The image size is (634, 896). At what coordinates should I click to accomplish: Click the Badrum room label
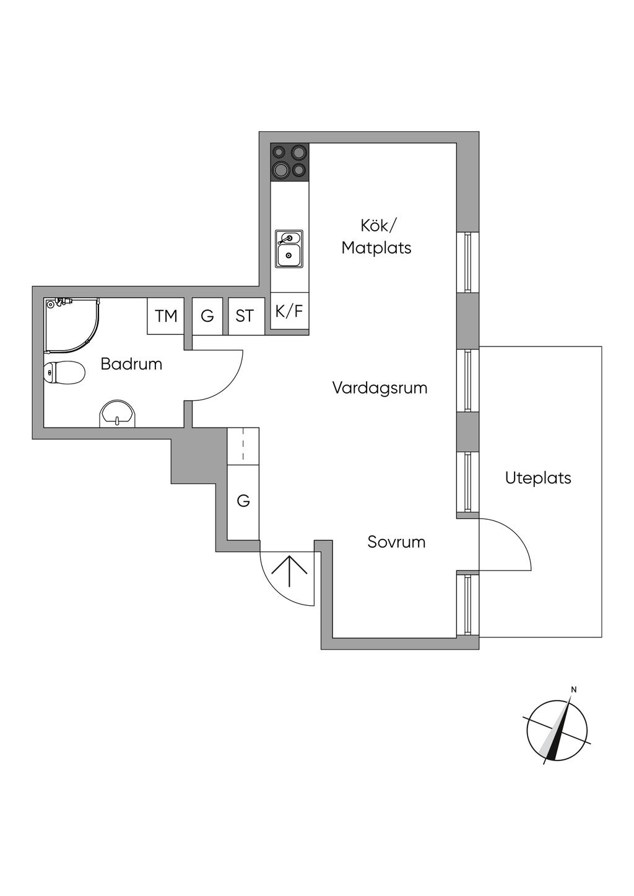tap(131, 364)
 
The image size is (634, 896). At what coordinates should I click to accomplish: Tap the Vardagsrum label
tap(380, 388)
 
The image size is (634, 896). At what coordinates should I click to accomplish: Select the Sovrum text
tap(396, 542)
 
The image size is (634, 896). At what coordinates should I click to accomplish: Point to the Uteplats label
tap(538, 478)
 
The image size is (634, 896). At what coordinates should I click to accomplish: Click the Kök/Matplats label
tap(376, 237)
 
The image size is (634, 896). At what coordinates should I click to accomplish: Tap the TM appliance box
tap(166, 316)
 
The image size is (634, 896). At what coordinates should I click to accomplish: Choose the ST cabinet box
tap(245, 316)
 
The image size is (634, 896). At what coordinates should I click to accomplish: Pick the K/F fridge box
tap(289, 311)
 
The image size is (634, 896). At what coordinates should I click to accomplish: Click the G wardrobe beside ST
tap(207, 316)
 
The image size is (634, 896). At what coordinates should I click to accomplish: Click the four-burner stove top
tap(290, 162)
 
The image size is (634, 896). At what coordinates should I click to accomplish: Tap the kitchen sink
tap(289, 249)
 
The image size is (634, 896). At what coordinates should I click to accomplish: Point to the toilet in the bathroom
tap(64, 373)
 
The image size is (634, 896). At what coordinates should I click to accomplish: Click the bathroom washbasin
tap(118, 413)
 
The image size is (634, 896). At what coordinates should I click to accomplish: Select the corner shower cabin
tap(72, 325)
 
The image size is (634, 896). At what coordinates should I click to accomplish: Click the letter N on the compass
tap(573, 689)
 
